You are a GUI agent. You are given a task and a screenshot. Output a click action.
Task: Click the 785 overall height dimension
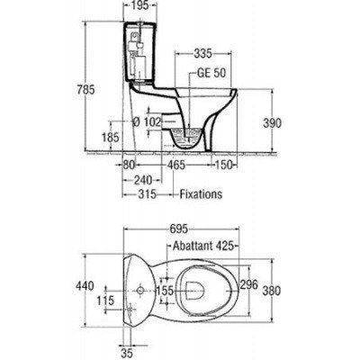click(85, 90)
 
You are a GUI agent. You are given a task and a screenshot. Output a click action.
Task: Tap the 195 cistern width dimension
click(140, 5)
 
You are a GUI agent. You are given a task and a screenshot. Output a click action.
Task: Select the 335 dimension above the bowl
click(203, 54)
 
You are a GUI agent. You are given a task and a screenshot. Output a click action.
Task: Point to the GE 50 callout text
click(211, 73)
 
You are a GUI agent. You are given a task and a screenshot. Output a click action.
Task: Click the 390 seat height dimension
click(272, 122)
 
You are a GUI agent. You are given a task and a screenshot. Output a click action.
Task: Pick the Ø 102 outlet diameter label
click(148, 121)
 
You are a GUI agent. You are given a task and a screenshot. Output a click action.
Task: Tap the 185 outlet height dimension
click(111, 138)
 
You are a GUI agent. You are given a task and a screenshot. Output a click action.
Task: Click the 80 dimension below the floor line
click(130, 165)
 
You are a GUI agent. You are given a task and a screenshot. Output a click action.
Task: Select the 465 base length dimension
click(176, 165)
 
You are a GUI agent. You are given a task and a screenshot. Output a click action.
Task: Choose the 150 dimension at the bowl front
click(224, 165)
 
